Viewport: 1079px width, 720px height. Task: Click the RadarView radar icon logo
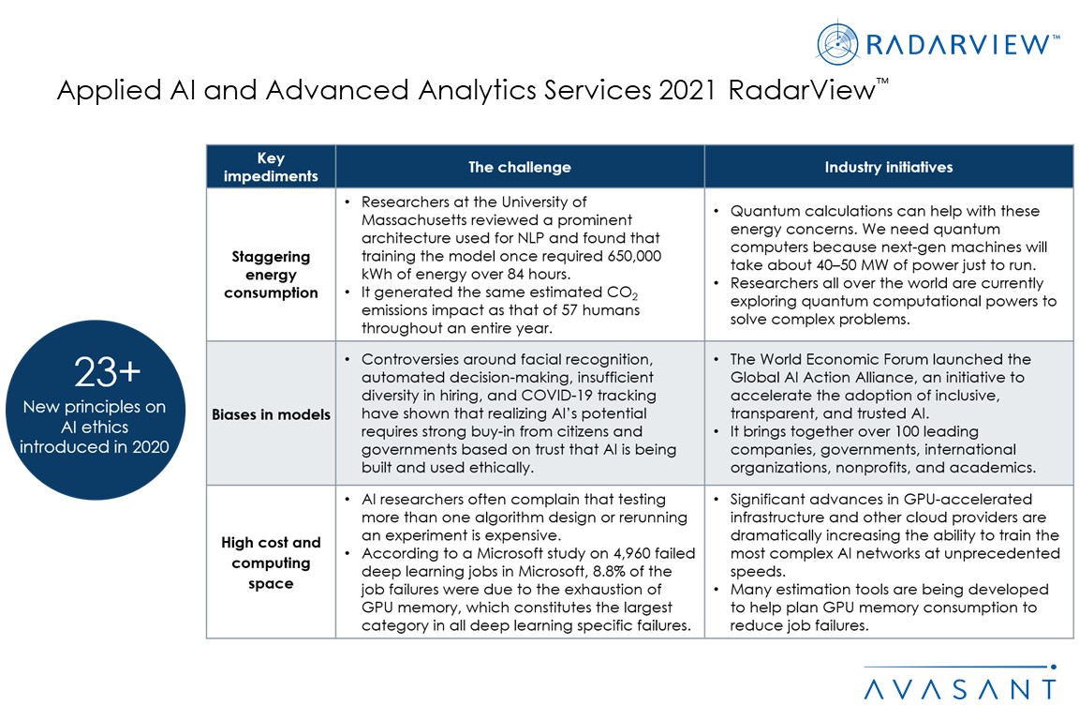pos(837,43)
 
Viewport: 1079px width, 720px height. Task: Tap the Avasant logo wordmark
pos(959,689)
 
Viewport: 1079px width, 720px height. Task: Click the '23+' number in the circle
pos(109,373)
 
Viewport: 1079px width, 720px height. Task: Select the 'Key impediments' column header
pos(271,167)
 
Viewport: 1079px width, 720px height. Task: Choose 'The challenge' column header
pos(520,167)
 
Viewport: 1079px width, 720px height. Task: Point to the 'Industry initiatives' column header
pos(888,167)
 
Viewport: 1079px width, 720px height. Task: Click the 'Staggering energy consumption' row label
pos(271,274)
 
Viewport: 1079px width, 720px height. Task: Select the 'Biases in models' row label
pos(271,414)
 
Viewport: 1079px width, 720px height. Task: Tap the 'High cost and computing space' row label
pos(271,562)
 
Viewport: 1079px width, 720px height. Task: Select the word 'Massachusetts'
pos(416,220)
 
